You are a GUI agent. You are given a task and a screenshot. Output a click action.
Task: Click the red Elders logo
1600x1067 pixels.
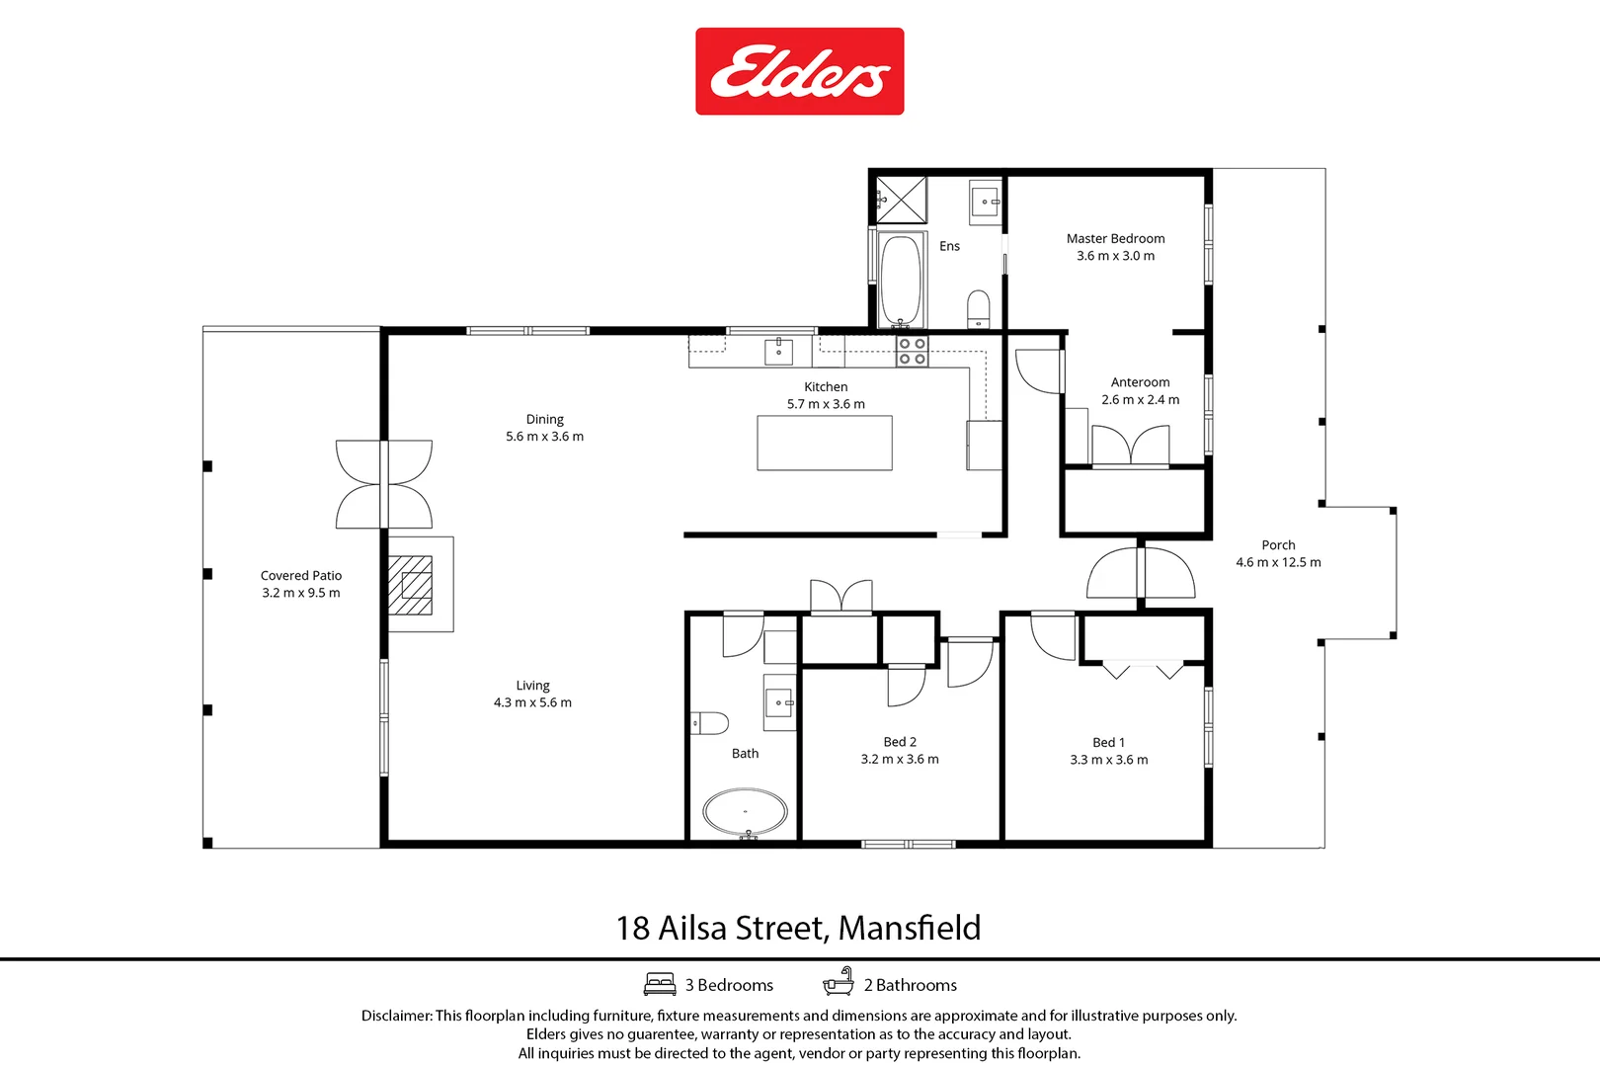(799, 71)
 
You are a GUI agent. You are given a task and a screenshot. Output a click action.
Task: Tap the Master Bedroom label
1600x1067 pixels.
(1115, 239)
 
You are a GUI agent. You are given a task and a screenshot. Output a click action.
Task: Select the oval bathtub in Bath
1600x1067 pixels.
(745, 812)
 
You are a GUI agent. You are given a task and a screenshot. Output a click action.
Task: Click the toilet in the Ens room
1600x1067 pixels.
(978, 308)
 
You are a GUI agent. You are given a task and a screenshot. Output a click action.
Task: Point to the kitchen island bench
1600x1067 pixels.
(825, 443)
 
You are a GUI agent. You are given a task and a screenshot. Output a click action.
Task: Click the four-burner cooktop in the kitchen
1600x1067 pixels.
(913, 351)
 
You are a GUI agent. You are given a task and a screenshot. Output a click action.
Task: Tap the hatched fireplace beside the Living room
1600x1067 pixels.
(411, 585)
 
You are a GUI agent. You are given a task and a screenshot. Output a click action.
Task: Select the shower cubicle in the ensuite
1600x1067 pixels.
(902, 201)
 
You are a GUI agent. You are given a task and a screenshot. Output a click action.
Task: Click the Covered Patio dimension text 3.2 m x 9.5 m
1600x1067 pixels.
(300, 593)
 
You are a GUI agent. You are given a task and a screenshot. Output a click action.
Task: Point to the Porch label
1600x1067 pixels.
(1278, 545)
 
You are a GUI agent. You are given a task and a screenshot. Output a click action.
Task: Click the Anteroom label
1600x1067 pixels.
(1140, 382)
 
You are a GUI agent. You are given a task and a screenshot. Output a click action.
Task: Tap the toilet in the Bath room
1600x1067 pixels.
(709, 723)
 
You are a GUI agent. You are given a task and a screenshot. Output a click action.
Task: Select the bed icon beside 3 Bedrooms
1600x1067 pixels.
(660, 984)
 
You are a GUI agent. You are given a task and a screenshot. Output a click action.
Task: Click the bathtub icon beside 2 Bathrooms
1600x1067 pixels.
(839, 982)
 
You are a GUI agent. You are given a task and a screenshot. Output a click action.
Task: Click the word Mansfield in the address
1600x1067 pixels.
(910, 928)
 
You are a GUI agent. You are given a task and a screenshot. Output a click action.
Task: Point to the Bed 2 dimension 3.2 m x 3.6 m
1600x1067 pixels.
(900, 759)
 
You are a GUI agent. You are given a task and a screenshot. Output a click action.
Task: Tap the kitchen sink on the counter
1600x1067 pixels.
(778, 352)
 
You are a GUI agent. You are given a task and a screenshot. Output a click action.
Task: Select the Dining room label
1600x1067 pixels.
(544, 420)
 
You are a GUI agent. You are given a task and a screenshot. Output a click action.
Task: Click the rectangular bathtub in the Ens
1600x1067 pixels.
(901, 280)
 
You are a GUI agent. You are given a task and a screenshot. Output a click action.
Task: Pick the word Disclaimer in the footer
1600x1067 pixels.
(396, 1016)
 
